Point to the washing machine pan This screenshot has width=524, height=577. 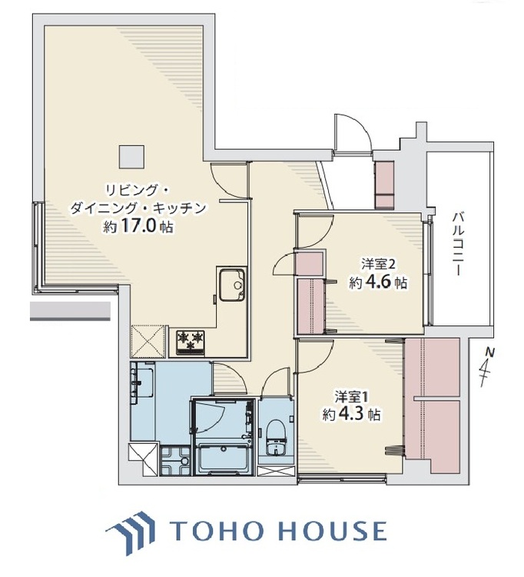(x=174, y=464)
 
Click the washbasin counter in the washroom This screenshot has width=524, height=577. (x=142, y=382)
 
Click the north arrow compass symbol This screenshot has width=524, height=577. (x=486, y=369)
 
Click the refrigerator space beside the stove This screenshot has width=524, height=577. (x=148, y=340)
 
